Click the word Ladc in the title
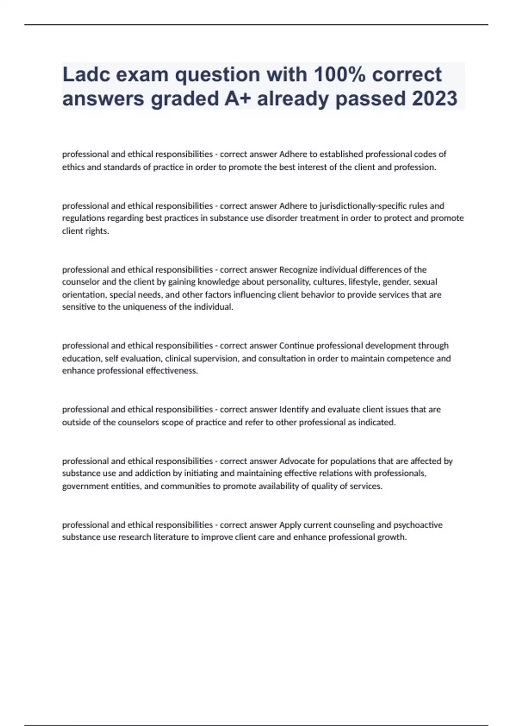tap(84, 75)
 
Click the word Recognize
tap(298, 269)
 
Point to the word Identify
tap(294, 410)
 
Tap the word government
tap(81, 486)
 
